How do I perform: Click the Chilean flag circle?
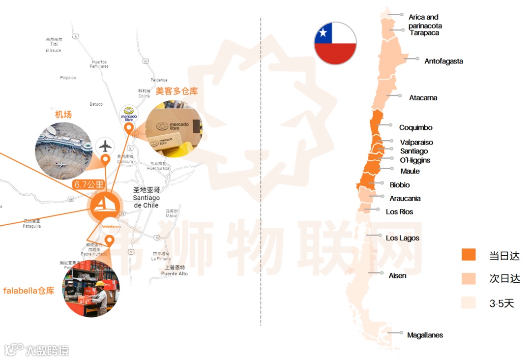click(x=335, y=43)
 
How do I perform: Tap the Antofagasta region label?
click(x=443, y=61)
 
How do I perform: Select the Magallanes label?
click(x=425, y=335)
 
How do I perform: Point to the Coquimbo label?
click(x=415, y=127)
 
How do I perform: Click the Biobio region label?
click(x=400, y=185)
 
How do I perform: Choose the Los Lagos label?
click(x=402, y=238)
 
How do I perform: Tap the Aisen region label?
click(x=397, y=275)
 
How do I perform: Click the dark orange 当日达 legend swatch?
click(x=469, y=255)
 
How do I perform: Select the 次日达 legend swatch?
click(x=469, y=278)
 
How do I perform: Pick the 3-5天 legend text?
click(x=501, y=303)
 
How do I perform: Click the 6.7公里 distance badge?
click(x=89, y=185)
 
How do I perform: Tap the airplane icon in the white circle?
click(x=105, y=146)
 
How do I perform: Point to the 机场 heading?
click(x=63, y=115)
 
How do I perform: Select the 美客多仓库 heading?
click(x=177, y=91)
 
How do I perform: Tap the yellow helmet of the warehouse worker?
click(x=100, y=283)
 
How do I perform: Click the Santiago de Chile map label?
click(x=146, y=197)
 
